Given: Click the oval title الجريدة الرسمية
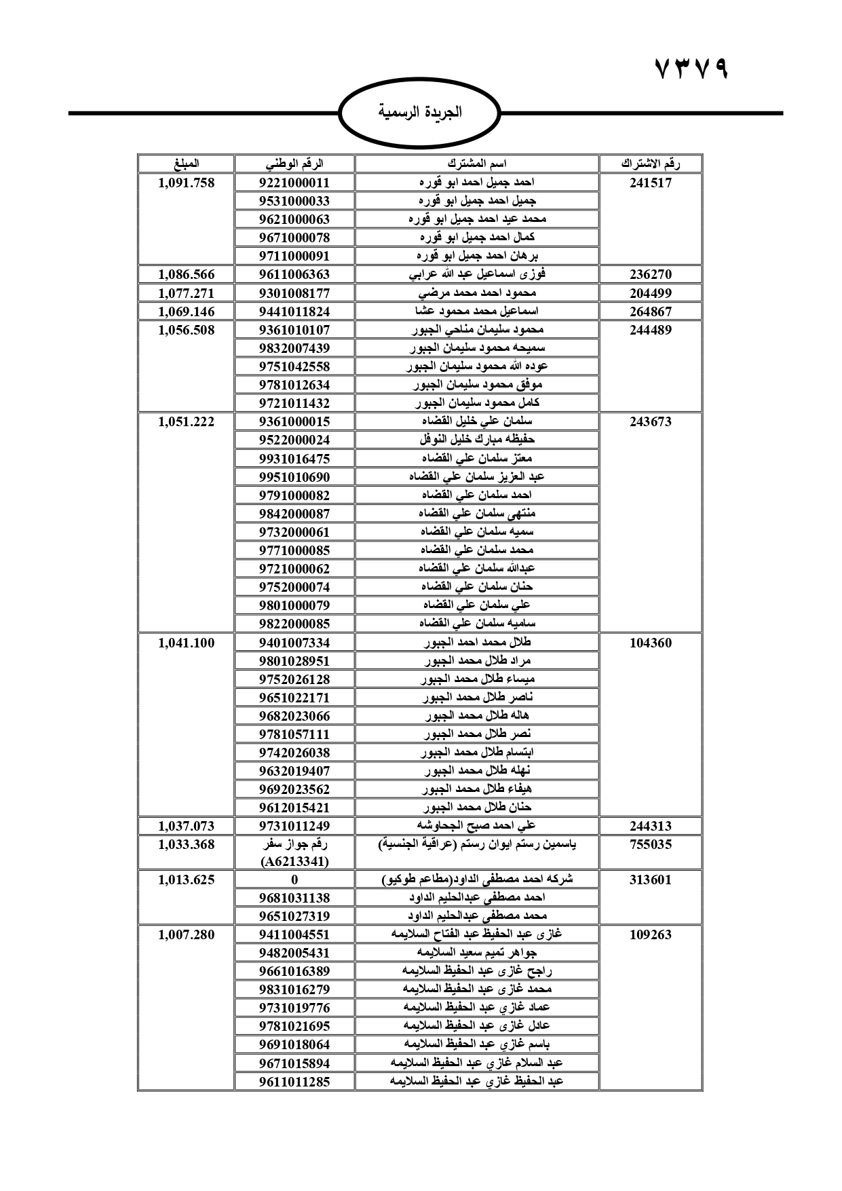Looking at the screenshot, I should (420, 113).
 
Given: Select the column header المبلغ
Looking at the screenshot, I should (186, 164).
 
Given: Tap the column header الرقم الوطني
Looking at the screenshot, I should (294, 164).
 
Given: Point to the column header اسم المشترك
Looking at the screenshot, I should (477, 164).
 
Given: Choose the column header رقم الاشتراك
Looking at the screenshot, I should (650, 164).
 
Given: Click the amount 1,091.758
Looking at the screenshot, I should (186, 183).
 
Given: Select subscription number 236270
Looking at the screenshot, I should (650, 275).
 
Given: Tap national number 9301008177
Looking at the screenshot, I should (294, 293).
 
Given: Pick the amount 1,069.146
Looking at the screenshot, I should (186, 311).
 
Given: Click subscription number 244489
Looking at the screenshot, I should (650, 330).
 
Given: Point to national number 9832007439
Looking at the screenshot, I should (294, 348).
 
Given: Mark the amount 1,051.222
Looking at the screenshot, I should (186, 421).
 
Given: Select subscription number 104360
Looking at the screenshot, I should (650, 643).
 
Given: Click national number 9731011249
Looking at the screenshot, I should (294, 826).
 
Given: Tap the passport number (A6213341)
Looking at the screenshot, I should (294, 862).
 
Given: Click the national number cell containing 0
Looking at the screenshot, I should (294, 880).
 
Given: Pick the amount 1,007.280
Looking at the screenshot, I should (186, 934).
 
